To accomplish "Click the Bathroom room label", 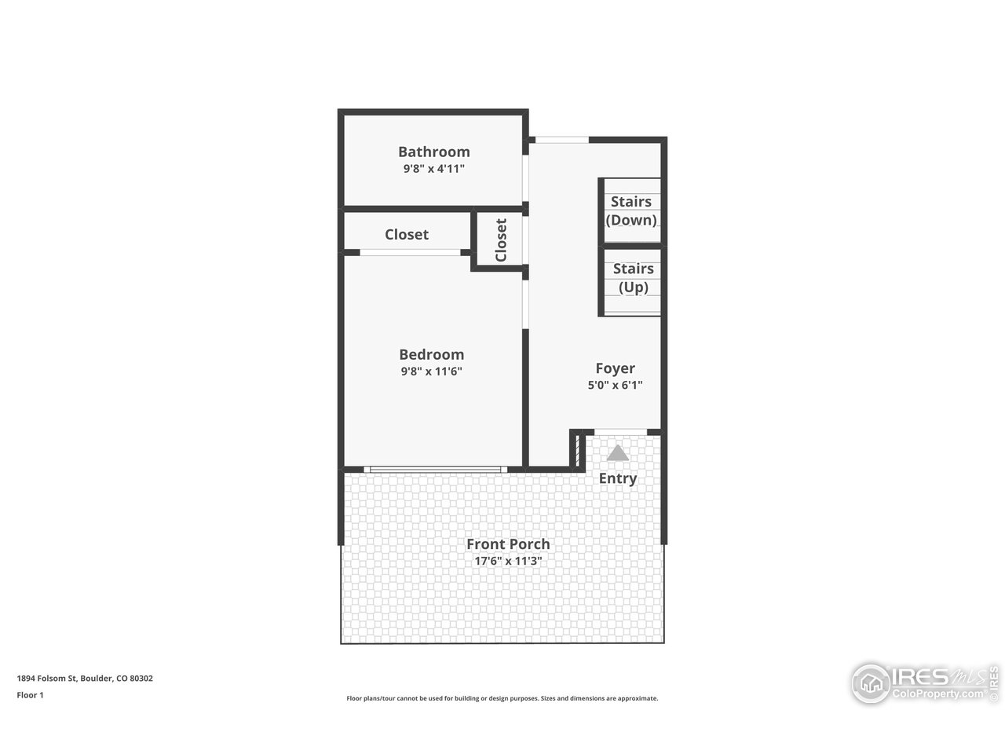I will (433, 152).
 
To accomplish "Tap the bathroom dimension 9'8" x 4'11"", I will (433, 169).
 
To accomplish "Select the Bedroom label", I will (431, 354).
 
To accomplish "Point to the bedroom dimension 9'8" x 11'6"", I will (431, 372).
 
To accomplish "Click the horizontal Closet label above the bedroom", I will (406, 234).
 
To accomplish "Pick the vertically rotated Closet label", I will (501, 240).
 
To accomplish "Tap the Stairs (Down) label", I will (631, 210).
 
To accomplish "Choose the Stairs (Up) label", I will (633, 277).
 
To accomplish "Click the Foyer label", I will (615, 368).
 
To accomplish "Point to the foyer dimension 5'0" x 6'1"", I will (615, 385).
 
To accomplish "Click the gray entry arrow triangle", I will (618, 453).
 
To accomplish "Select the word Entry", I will (618, 478).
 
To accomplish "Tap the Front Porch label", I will (508, 544).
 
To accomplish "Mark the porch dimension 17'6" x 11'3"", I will (508, 562).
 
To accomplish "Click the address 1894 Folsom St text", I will (85, 678).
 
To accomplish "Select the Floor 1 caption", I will (30, 695).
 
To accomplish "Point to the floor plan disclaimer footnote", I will (502, 698).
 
